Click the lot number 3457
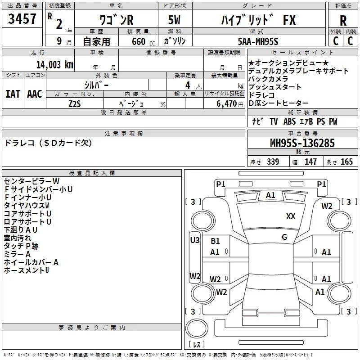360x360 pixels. coord(23,20)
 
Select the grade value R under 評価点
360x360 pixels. coord(343,21)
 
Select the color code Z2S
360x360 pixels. coord(75,103)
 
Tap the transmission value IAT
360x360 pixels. coord(13,94)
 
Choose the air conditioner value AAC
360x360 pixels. coord(34,94)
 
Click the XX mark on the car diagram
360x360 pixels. coord(291,216)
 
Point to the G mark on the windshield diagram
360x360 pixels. coord(284,237)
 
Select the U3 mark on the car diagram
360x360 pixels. coord(195,240)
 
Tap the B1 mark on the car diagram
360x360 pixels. coord(215,241)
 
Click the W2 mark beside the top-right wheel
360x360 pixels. coord(327,206)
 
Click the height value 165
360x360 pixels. coord(346,162)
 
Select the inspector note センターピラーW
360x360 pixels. coord(31,181)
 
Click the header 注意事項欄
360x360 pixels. coord(124,134)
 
